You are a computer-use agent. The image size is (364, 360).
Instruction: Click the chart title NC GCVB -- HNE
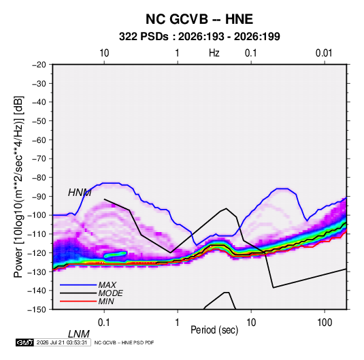pos(199,19)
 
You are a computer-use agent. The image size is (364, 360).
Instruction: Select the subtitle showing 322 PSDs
pos(199,37)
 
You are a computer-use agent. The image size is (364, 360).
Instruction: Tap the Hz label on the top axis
pos(214,53)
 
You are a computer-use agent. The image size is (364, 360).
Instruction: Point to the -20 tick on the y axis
pos(39,65)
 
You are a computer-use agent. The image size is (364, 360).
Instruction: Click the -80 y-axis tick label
pos(39,178)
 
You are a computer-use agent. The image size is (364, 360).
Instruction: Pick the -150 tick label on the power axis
pos(37,310)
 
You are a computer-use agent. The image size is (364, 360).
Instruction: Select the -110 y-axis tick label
pos(37,234)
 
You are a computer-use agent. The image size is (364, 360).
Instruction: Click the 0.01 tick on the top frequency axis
pos(324,53)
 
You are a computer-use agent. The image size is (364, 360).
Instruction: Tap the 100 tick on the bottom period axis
pos(325,323)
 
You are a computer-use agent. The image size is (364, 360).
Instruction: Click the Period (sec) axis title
pos(214,330)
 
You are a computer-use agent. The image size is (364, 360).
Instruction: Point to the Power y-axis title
pos(18,186)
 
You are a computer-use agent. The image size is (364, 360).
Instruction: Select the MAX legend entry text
pos(107,285)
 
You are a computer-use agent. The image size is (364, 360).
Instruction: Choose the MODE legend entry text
pos(110,293)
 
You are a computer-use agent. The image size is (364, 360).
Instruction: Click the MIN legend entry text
pos(106,301)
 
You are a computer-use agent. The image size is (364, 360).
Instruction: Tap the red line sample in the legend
pos(78,301)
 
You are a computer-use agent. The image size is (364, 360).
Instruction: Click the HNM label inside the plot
pos(80,193)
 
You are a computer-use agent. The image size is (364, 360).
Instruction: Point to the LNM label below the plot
pos(79,334)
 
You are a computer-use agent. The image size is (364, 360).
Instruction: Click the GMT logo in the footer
pos(25,342)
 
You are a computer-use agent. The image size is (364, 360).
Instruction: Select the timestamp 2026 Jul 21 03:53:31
pos(62,342)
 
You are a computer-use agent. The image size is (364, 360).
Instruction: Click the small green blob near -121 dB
pos(116,255)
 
